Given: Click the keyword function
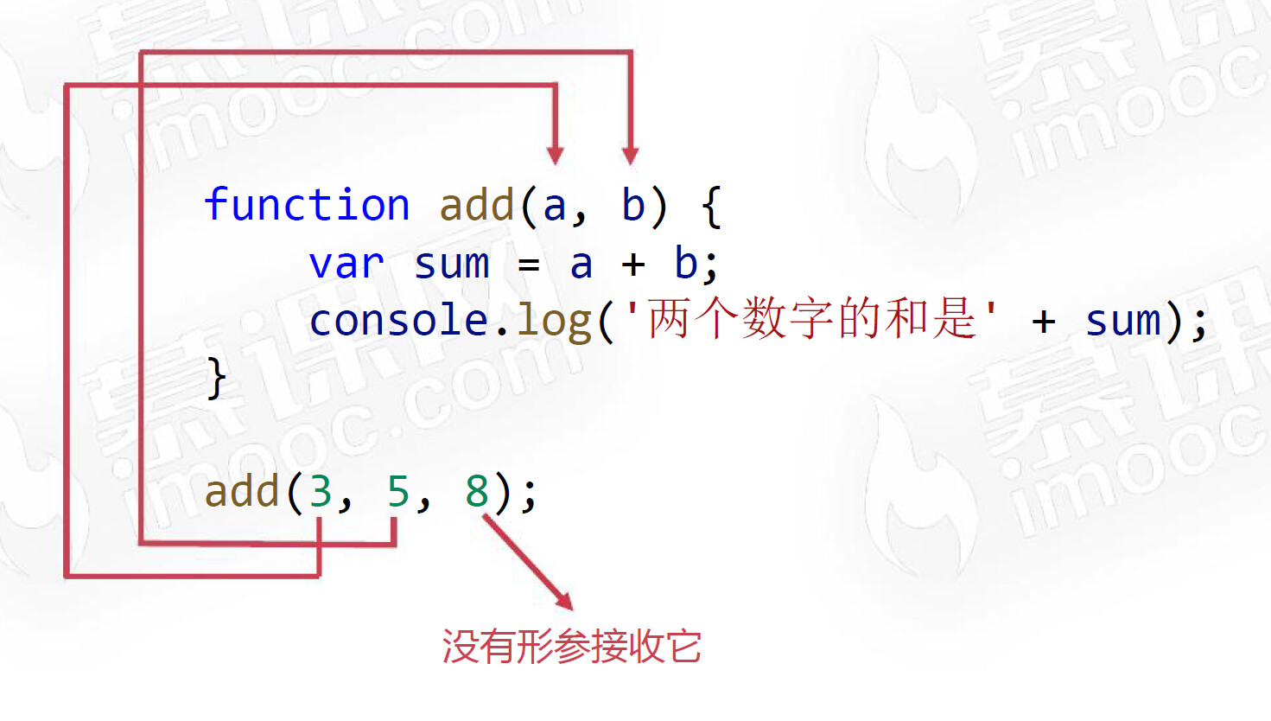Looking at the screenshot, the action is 307,206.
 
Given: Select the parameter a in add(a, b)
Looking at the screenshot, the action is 554,207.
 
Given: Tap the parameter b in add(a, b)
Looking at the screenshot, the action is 633,206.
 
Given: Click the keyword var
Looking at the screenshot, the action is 346,264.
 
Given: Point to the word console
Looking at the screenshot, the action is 399,321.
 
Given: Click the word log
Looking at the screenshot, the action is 554,322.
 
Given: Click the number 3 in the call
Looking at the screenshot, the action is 321,492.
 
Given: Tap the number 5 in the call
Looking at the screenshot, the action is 397,492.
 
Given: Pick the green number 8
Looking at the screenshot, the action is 477,492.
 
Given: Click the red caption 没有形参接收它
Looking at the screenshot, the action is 571,647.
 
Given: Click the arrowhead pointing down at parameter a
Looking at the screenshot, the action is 556,156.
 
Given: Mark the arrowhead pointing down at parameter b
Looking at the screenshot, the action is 631,156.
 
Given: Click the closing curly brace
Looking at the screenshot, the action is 216,378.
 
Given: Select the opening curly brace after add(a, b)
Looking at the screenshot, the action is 711,207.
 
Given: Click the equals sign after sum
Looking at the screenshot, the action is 529,265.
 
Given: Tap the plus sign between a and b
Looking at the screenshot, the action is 633,265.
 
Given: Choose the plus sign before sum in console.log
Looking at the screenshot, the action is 1044,322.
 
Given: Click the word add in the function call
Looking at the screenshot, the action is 242,492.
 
